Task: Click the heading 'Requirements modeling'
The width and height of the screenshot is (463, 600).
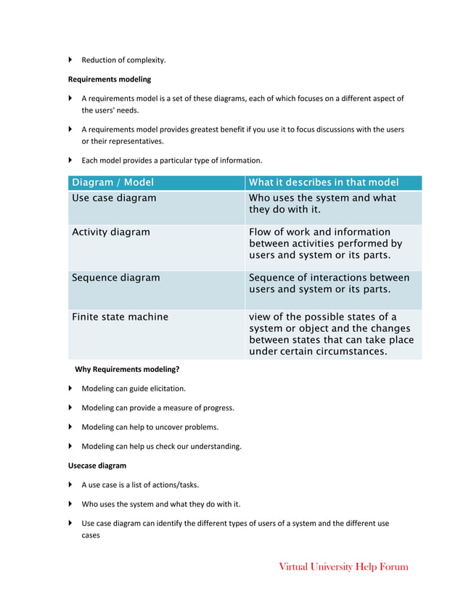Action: pos(110,79)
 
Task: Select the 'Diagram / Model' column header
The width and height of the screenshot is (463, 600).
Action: pos(112,182)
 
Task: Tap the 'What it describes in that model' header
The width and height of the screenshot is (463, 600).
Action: pos(324,182)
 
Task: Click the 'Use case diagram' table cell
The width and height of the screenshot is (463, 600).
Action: pos(114,198)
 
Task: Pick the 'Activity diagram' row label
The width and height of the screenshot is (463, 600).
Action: pos(111,232)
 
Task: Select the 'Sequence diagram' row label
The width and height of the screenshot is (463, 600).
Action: pos(116,277)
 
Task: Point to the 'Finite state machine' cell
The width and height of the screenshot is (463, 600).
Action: pos(120,317)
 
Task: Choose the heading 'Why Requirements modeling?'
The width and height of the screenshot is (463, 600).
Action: pos(127,369)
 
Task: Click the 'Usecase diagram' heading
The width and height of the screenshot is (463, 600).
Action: pos(97,466)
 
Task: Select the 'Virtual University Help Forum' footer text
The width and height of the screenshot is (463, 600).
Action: pos(343,567)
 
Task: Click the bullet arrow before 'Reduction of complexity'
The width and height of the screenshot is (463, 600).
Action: pos(71,60)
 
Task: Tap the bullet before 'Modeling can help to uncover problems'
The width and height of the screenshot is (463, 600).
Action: pos(71,427)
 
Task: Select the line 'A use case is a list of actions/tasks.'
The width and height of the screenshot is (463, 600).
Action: pos(140,485)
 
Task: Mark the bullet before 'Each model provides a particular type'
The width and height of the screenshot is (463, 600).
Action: pos(71,160)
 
